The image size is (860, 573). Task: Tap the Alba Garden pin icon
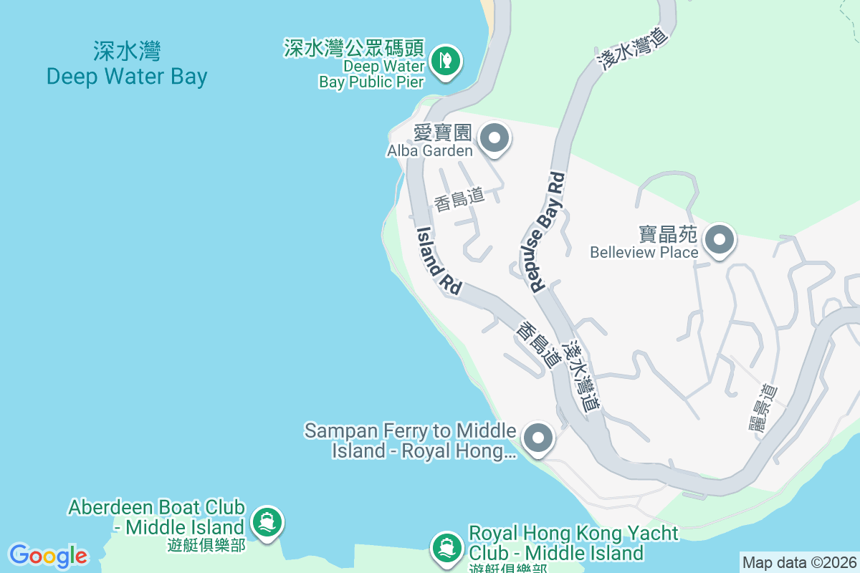tap(493, 138)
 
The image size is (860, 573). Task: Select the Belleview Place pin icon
tap(720, 239)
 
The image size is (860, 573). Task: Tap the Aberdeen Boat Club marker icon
tap(268, 521)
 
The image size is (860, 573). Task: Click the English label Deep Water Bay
tap(127, 77)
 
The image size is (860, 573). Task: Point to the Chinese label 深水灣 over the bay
tap(127, 52)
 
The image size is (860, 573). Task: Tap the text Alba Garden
tap(430, 150)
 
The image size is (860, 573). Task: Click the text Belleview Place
tap(644, 252)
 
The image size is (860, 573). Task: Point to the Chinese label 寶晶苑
tap(668, 235)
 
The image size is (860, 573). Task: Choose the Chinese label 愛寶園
tap(442, 133)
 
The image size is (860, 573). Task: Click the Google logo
tap(48, 555)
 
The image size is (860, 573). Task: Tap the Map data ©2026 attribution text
tap(799, 562)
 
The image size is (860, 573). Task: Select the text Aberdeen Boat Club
tap(157, 508)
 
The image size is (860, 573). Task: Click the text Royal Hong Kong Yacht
tap(573, 534)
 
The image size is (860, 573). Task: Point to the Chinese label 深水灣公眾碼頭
tap(354, 49)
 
